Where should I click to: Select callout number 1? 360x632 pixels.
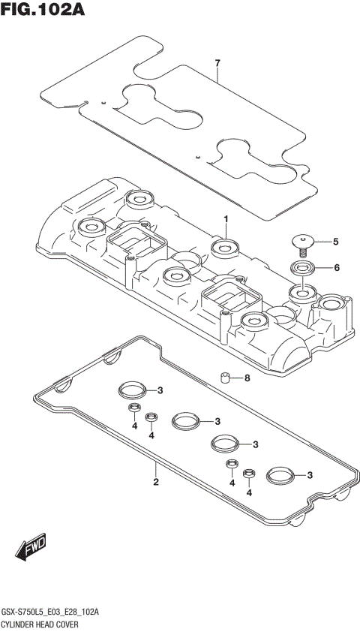coord(224,218)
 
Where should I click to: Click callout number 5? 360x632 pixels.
coord(336,242)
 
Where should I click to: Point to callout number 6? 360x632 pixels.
coord(337,267)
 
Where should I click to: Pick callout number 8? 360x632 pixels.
coord(247,378)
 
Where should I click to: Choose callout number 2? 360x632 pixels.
coord(156,482)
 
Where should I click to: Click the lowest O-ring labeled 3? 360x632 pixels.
coord(279,474)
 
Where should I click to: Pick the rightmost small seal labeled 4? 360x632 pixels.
coord(249,474)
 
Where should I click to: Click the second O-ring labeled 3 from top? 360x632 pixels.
coord(185,421)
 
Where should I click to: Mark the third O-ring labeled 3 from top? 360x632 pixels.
coord(223,444)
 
